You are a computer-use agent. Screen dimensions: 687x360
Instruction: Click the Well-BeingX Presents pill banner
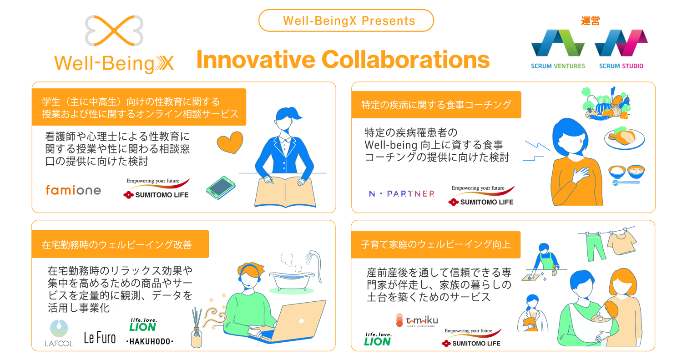coord(346,20)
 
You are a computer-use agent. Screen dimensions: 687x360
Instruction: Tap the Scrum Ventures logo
coord(558,49)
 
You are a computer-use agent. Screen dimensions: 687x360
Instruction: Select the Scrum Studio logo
coord(621,49)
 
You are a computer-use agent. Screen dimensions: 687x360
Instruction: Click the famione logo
coord(73,190)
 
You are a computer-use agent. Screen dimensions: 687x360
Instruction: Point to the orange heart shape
coord(230,142)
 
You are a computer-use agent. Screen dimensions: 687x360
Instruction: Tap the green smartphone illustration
coord(221,188)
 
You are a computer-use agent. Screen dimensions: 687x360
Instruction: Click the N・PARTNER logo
coord(402,194)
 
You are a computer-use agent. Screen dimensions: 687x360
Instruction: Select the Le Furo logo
coord(100,338)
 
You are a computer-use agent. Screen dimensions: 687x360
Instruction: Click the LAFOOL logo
coord(59,333)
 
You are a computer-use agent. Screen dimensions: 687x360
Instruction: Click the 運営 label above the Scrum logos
coord(590,21)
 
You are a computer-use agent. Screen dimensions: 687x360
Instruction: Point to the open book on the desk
coord(285,192)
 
